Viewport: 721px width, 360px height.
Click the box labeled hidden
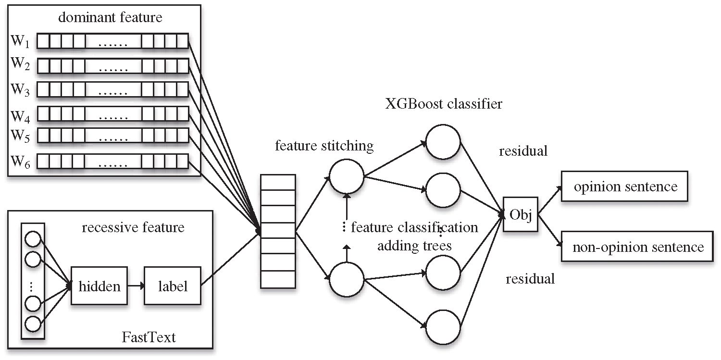click(99, 286)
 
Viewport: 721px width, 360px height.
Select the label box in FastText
click(173, 286)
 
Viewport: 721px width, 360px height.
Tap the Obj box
click(521, 214)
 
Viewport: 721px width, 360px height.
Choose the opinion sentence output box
click(624, 186)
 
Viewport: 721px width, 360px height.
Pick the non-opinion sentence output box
click(637, 247)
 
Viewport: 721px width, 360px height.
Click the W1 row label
click(20, 41)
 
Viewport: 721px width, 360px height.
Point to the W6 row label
click(20, 161)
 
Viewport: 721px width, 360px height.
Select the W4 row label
click(20, 116)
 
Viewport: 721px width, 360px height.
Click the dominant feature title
click(110, 17)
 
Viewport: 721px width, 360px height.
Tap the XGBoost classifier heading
click(444, 104)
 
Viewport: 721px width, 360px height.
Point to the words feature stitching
click(324, 146)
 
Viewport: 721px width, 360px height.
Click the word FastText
click(149, 337)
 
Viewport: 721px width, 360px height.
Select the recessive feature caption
click(133, 227)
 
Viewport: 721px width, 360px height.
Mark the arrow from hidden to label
click(136, 286)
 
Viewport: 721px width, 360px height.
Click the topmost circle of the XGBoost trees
click(443, 142)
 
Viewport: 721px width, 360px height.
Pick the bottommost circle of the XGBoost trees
click(443, 327)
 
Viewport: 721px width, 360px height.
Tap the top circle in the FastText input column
click(33, 239)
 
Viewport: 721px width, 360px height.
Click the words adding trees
click(414, 246)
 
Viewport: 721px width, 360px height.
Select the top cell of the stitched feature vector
click(278, 183)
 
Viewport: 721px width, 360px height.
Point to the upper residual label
click(523, 151)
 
